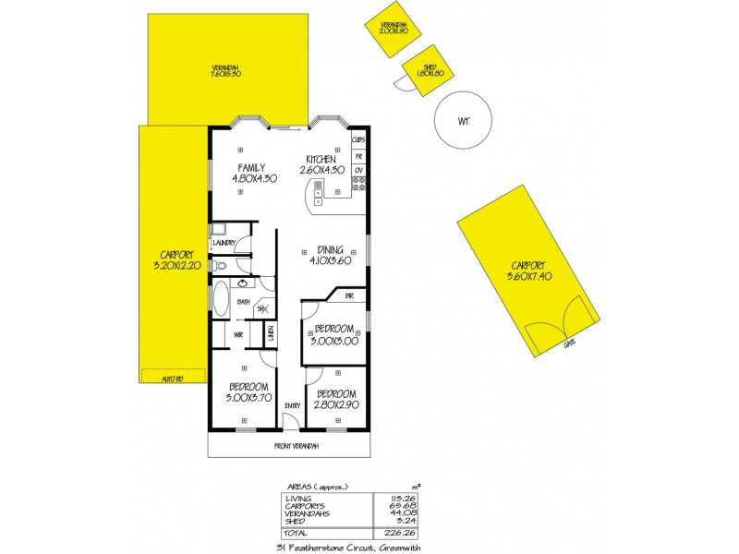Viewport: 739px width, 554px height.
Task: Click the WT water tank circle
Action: coord(462,121)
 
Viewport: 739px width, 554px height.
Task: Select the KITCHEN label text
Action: coord(321,159)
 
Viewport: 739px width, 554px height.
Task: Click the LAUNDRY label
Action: coord(225,244)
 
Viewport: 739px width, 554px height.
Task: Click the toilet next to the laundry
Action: coord(220,267)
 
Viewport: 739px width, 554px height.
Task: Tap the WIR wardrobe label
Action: coord(237,334)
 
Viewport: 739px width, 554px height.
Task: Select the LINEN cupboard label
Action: coord(272,334)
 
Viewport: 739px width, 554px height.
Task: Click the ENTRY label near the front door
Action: coord(293,404)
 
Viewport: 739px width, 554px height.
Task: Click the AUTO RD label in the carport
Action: coord(169,379)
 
